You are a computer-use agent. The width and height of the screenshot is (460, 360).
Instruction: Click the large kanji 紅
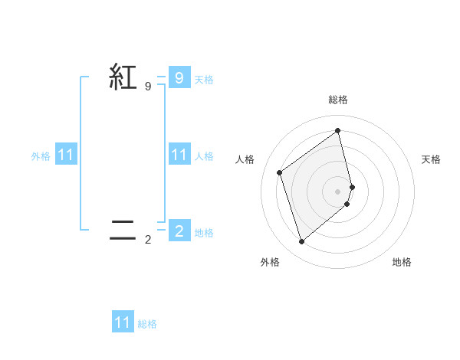[123, 77]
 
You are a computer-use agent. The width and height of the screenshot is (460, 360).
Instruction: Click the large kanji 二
[123, 230]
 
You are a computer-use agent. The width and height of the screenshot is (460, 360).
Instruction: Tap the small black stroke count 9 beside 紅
[148, 87]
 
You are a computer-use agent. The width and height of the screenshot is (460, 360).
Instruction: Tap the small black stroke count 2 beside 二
[148, 240]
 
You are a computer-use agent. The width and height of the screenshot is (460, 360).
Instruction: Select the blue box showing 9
[179, 78]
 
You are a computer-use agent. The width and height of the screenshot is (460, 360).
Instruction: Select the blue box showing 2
[179, 231]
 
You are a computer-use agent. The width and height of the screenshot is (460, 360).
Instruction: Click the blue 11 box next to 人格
[179, 155]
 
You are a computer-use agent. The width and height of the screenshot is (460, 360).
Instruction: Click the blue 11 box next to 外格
[66, 155]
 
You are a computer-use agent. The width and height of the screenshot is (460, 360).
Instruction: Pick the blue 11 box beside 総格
[123, 322]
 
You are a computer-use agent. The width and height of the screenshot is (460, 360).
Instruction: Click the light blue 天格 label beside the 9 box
[204, 80]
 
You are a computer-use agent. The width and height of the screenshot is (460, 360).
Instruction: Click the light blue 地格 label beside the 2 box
[204, 233]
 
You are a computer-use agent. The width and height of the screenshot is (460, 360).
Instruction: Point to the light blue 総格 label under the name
[147, 324]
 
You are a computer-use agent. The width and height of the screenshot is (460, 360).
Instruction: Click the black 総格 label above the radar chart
[338, 100]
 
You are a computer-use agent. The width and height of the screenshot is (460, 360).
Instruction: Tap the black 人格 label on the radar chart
[245, 159]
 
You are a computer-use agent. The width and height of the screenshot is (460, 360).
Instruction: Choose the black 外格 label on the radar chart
[270, 262]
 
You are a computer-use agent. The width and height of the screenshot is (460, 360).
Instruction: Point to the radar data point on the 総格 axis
[338, 130]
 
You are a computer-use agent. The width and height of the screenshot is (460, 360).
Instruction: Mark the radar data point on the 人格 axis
[280, 172]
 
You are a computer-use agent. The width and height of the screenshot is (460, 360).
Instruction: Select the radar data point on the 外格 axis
[301, 242]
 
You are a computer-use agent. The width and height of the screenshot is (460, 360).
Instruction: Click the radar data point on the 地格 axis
[347, 204]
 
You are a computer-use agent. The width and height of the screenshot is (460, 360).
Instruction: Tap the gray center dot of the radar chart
[338, 191]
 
